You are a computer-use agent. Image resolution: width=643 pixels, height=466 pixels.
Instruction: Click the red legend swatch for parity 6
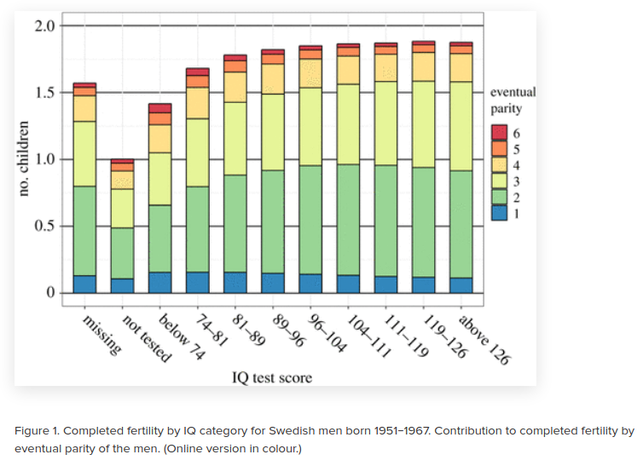[x=500, y=133]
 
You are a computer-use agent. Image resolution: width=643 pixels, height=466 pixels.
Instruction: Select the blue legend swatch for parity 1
[x=500, y=214]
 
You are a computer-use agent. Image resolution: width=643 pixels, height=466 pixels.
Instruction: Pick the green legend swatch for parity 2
[x=500, y=198]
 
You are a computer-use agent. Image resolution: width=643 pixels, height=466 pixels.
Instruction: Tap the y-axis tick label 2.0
[x=44, y=26]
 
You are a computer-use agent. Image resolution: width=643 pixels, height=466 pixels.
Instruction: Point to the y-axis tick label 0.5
[x=44, y=227]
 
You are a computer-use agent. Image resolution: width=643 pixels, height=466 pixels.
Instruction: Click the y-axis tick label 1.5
[x=44, y=92]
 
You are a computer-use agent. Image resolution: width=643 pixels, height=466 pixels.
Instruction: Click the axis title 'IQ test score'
[x=272, y=377]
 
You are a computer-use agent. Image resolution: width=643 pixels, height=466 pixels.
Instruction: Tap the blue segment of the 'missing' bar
[x=84, y=284]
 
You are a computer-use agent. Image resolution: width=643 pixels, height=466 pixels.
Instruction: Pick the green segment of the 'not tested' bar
[x=123, y=253]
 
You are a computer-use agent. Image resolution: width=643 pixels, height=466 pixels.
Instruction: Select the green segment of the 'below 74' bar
[x=160, y=239]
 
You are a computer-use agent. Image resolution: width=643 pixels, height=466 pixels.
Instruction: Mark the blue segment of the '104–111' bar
[x=348, y=284]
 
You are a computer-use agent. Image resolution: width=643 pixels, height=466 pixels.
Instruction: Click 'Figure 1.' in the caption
[x=37, y=430]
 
